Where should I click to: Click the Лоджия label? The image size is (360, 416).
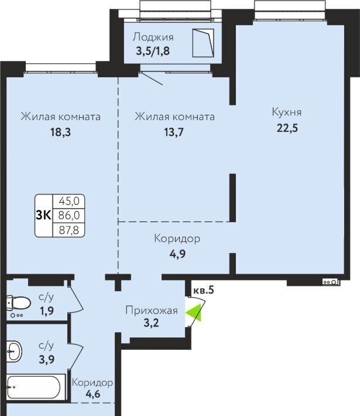click(x=153, y=37)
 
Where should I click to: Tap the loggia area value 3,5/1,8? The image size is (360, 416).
click(x=153, y=50)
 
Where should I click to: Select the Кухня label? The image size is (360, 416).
click(x=287, y=112)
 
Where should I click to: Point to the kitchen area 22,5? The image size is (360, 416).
click(x=287, y=128)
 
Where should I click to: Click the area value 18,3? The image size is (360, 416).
click(x=61, y=132)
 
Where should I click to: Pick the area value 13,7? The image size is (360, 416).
click(x=174, y=132)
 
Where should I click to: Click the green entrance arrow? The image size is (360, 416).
click(x=193, y=313)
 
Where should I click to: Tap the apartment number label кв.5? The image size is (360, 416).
click(x=204, y=290)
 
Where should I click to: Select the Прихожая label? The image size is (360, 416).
click(x=152, y=310)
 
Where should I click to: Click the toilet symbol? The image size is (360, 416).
click(x=18, y=304)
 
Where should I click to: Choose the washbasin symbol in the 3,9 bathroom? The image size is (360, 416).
click(x=14, y=352)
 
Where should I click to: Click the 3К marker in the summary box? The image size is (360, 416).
click(x=43, y=215)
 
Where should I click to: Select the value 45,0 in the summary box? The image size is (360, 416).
click(x=69, y=201)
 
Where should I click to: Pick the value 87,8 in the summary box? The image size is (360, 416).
click(x=69, y=230)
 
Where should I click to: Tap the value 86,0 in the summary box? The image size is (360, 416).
click(x=69, y=215)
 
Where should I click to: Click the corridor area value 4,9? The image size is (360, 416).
click(x=177, y=254)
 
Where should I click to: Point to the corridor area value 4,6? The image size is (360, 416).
click(x=93, y=394)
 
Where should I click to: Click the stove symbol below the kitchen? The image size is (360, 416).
click(x=331, y=282)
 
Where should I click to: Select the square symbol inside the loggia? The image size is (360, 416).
click(x=203, y=43)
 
